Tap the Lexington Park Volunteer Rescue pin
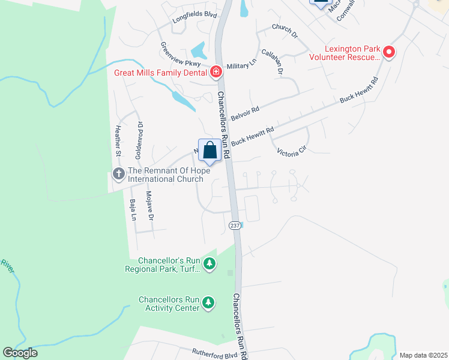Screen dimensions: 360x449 388,53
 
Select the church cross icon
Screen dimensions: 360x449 118,175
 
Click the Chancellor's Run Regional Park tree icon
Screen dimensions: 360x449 209,264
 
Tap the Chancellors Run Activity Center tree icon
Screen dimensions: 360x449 208,304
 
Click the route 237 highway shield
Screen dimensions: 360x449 235,224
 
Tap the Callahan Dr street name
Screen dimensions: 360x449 280,62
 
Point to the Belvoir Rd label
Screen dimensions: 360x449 246,113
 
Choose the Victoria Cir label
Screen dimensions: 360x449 292,152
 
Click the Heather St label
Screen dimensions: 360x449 118,142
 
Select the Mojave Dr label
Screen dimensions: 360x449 151,207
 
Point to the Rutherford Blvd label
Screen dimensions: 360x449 214,352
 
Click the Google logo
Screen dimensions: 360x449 20,353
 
